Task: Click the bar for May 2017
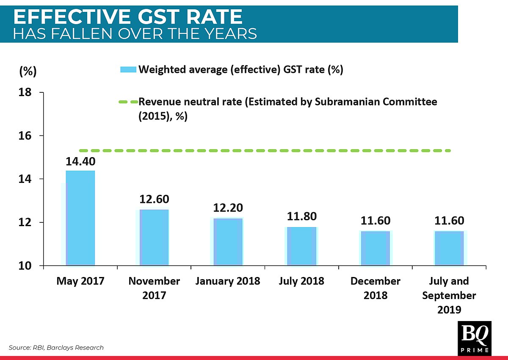(80, 218)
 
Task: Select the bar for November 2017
(154, 238)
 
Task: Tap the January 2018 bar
(228, 242)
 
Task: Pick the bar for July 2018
(301, 246)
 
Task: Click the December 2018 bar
(375, 248)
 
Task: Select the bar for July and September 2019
(449, 248)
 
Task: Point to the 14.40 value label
(80, 161)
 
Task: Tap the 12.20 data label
(228, 208)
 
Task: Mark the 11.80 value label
(301, 216)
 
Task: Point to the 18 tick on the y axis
(26, 93)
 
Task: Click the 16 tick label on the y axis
(26, 136)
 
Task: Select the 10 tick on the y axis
(26, 266)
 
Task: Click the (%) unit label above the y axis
(28, 71)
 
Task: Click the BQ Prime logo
(475, 338)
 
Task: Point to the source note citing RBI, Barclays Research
(56, 348)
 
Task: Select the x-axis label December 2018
(375, 288)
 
